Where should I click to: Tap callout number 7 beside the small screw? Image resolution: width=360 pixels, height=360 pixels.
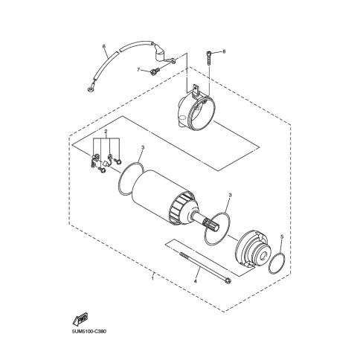click(138, 70)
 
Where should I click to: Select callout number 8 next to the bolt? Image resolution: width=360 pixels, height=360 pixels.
click(224, 51)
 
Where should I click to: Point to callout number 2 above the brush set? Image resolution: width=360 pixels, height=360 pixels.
click(106, 131)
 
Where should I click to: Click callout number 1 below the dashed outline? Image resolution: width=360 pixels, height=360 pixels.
click(152, 278)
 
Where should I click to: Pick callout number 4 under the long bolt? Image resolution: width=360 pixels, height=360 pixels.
click(195, 281)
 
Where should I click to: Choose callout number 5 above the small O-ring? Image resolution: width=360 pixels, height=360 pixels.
click(282, 237)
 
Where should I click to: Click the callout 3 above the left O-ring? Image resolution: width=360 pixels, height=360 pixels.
click(143, 147)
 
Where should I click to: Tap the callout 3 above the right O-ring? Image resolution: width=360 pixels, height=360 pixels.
click(230, 195)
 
